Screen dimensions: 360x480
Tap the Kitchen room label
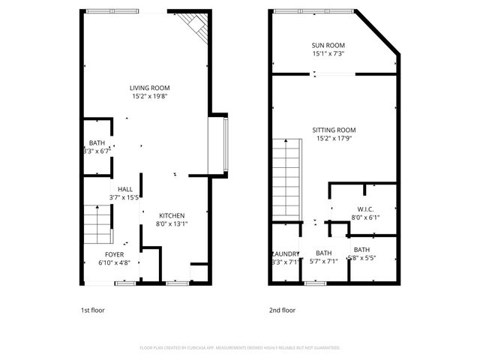pyautogui.click(x=171, y=215)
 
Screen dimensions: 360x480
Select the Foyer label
pyautogui.click(x=115, y=255)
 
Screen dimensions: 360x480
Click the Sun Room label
pyautogui.click(x=328, y=45)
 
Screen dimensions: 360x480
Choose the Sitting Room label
pyautogui.click(x=334, y=130)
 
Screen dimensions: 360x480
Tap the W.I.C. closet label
pyautogui.click(x=365, y=209)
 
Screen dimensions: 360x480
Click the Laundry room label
pyautogui.click(x=286, y=253)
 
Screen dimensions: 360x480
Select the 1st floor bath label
pyautogui.click(x=97, y=142)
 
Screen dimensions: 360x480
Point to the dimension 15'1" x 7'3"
pyautogui.click(x=328, y=53)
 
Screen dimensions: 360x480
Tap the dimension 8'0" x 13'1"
pyautogui.click(x=171, y=223)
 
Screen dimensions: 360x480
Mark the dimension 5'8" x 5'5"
pyautogui.click(x=361, y=258)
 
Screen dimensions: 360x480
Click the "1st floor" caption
pyautogui.click(x=94, y=310)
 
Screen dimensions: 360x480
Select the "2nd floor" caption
pyautogui.click(x=283, y=310)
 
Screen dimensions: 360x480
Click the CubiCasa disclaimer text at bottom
pyautogui.click(x=240, y=348)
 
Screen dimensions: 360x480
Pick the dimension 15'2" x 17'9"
pyautogui.click(x=334, y=138)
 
